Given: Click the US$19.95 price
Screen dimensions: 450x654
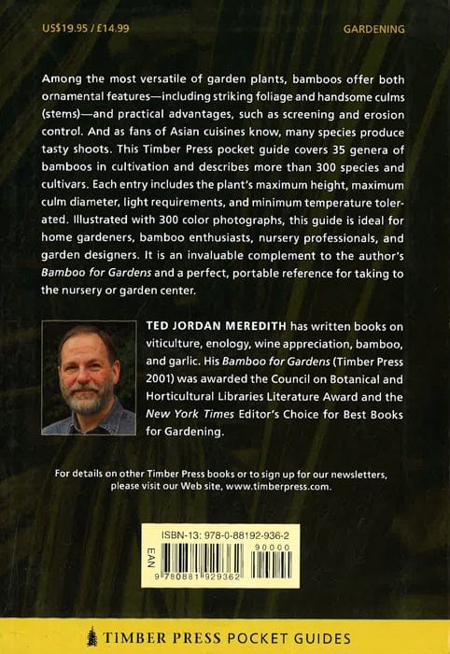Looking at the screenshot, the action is [60, 29].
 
